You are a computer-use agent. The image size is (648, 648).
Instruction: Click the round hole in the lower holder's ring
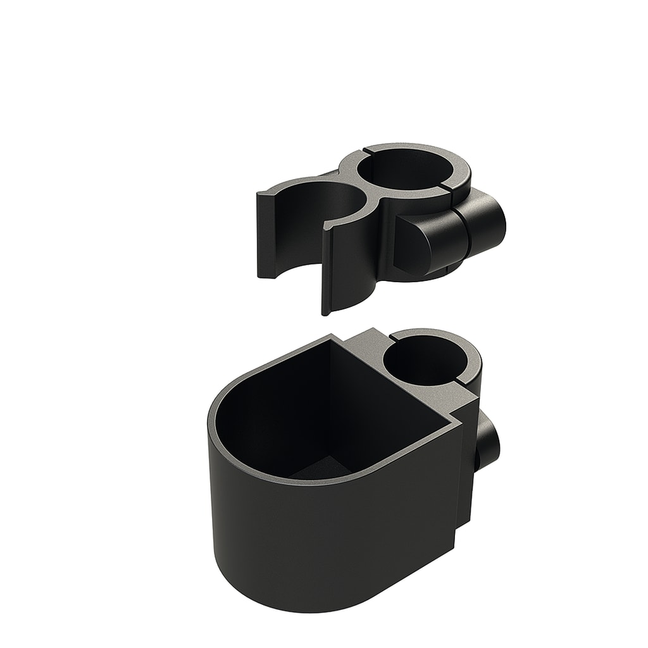pos(425,361)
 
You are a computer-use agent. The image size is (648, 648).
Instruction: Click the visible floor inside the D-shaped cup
pos(316,471)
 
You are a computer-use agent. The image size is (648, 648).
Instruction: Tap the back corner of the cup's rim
pos(331,336)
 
